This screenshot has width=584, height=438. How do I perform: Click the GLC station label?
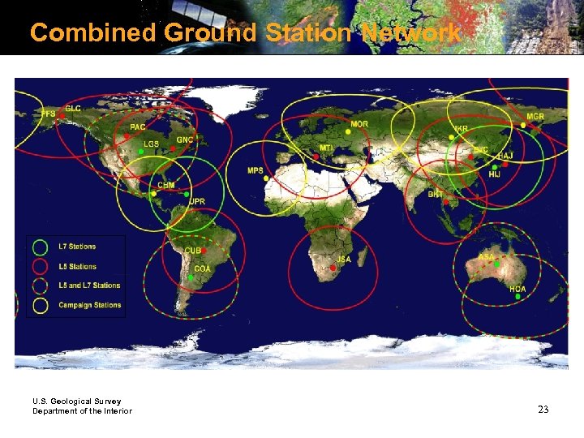tap(73, 108)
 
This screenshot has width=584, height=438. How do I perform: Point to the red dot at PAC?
tap(127, 135)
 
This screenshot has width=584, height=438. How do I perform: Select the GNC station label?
tap(185, 140)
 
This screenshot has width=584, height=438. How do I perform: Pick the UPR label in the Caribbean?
tap(197, 200)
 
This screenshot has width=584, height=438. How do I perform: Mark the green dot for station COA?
tap(190, 278)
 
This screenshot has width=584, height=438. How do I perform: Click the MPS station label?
tap(255, 171)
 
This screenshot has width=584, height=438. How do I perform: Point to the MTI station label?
tap(325, 148)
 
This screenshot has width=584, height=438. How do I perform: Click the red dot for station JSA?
tap(331, 268)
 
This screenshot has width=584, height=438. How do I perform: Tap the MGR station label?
tap(535, 117)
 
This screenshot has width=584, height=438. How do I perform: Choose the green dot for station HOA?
tap(517, 297)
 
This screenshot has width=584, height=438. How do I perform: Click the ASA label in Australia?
tap(486, 257)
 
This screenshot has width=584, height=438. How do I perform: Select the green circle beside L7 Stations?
tap(39, 247)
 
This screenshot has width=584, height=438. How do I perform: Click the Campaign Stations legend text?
tap(89, 306)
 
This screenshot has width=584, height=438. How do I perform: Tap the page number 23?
tap(543, 410)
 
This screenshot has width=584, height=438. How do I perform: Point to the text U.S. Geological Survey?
tap(76, 401)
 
